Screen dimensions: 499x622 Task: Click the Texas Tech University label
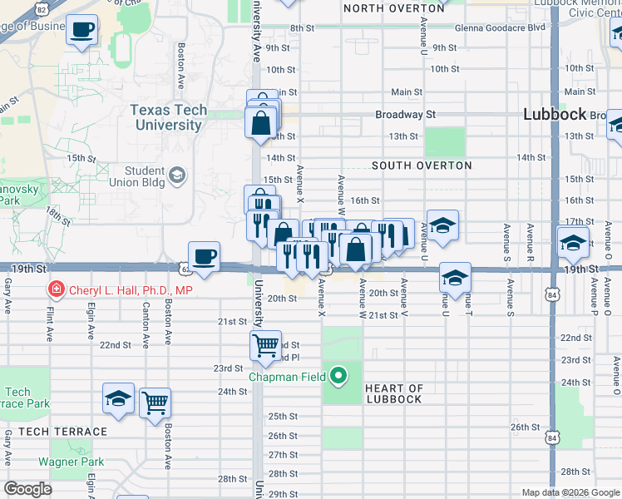(168, 118)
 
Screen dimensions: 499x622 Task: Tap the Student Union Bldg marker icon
(177, 175)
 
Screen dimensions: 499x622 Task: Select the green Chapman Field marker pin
(338, 377)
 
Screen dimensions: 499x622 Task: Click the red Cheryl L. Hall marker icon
(56, 290)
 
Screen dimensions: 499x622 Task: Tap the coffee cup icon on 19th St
(204, 255)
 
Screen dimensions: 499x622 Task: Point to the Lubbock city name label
(555, 115)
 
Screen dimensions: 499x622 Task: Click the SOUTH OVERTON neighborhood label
(422, 166)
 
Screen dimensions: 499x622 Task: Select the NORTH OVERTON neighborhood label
(393, 8)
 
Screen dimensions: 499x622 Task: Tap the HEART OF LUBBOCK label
(393, 394)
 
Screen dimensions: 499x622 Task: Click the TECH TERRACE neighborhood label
(63, 432)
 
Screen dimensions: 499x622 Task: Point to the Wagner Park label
(71, 462)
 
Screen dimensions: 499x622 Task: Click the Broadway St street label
(406, 114)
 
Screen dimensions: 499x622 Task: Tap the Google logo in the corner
(27, 489)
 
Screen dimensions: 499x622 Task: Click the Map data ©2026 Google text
(570, 492)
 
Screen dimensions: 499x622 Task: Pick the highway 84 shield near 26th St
(554, 437)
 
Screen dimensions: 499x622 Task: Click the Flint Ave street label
(50, 321)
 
